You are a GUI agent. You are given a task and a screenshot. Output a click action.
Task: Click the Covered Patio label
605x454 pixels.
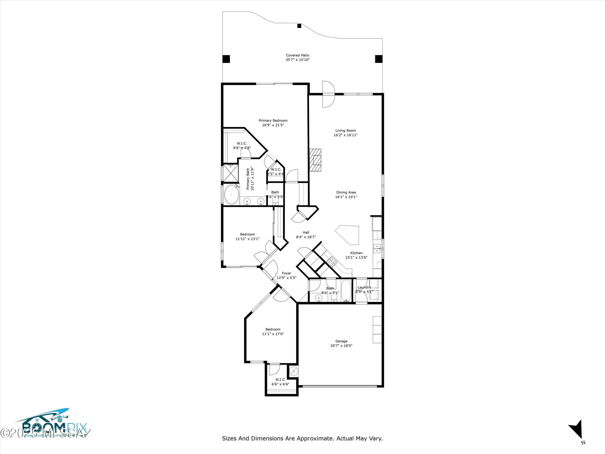(x=298, y=55)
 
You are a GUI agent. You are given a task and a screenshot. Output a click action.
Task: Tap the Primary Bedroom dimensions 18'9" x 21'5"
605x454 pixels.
(x=273, y=125)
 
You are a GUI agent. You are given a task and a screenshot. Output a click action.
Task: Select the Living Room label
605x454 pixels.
(x=345, y=131)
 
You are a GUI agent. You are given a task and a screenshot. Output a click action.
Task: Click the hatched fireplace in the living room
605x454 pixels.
(x=315, y=160)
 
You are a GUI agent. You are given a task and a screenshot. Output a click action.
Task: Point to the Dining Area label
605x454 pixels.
(x=346, y=192)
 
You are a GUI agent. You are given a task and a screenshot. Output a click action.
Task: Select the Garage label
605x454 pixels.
(x=341, y=341)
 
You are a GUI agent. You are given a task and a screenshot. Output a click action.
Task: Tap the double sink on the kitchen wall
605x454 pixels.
(x=377, y=248)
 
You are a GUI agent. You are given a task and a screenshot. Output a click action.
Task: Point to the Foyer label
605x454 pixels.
(x=286, y=273)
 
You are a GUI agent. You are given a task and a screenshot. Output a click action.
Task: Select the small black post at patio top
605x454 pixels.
(x=299, y=26)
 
